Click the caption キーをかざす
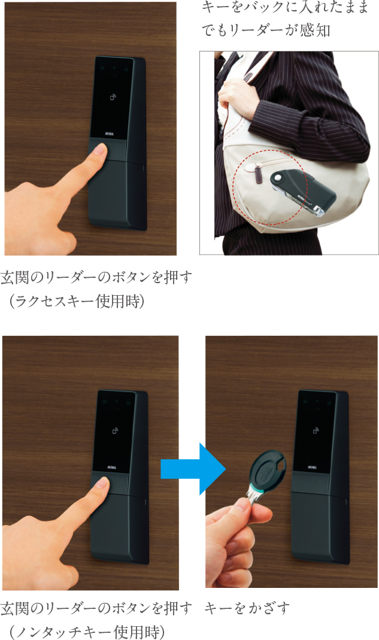(x=247, y=609)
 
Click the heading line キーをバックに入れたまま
(x=286, y=9)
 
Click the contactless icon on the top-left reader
(x=113, y=97)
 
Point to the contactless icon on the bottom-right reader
(x=317, y=430)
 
